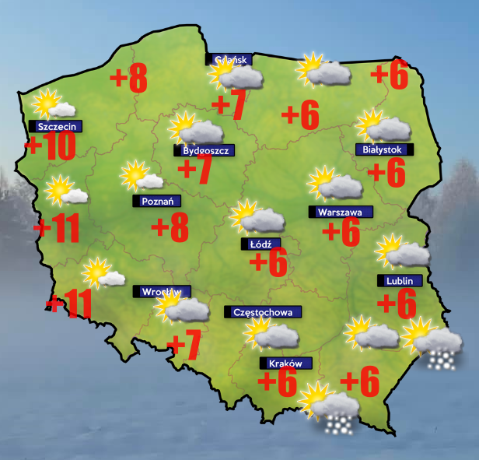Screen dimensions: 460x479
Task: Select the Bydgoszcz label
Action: (x=204, y=150)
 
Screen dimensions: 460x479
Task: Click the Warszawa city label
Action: (x=341, y=212)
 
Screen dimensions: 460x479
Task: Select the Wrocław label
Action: (x=160, y=292)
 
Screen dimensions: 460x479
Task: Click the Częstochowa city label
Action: (x=264, y=312)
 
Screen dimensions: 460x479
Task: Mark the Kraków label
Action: (x=285, y=363)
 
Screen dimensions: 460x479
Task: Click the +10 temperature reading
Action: (x=51, y=146)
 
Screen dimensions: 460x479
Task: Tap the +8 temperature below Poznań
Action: (x=170, y=228)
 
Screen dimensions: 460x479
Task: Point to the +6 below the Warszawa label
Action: (x=340, y=231)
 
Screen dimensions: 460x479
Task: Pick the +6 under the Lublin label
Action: (x=397, y=301)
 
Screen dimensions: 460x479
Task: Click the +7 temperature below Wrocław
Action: (x=185, y=346)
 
